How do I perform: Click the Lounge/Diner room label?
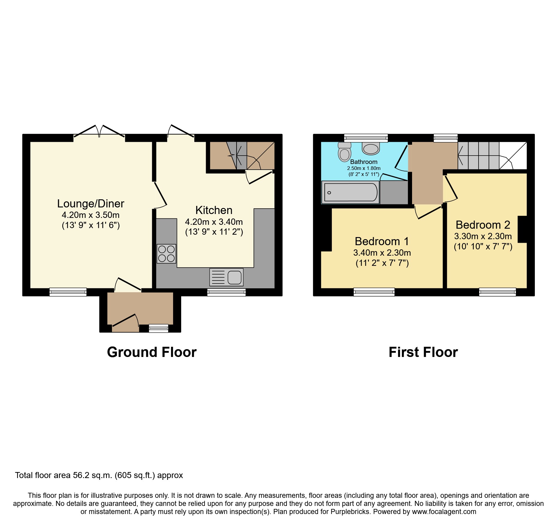point(90,204)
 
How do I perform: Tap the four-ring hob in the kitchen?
point(166,254)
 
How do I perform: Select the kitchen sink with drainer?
point(226,277)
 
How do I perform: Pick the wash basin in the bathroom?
point(371,148)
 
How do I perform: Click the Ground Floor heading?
point(152,352)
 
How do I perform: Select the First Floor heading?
point(423,352)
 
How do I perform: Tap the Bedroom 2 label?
point(483,225)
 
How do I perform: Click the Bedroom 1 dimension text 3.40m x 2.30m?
point(382,253)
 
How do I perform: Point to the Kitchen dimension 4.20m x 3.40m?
point(214,222)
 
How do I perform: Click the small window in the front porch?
point(158,328)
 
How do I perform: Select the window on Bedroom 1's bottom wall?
point(374,292)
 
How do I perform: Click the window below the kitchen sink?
point(226,292)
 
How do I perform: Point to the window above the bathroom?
point(366,138)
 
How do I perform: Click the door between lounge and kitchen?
point(160,195)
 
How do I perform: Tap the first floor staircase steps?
point(478,155)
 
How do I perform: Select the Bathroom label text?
point(364,162)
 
